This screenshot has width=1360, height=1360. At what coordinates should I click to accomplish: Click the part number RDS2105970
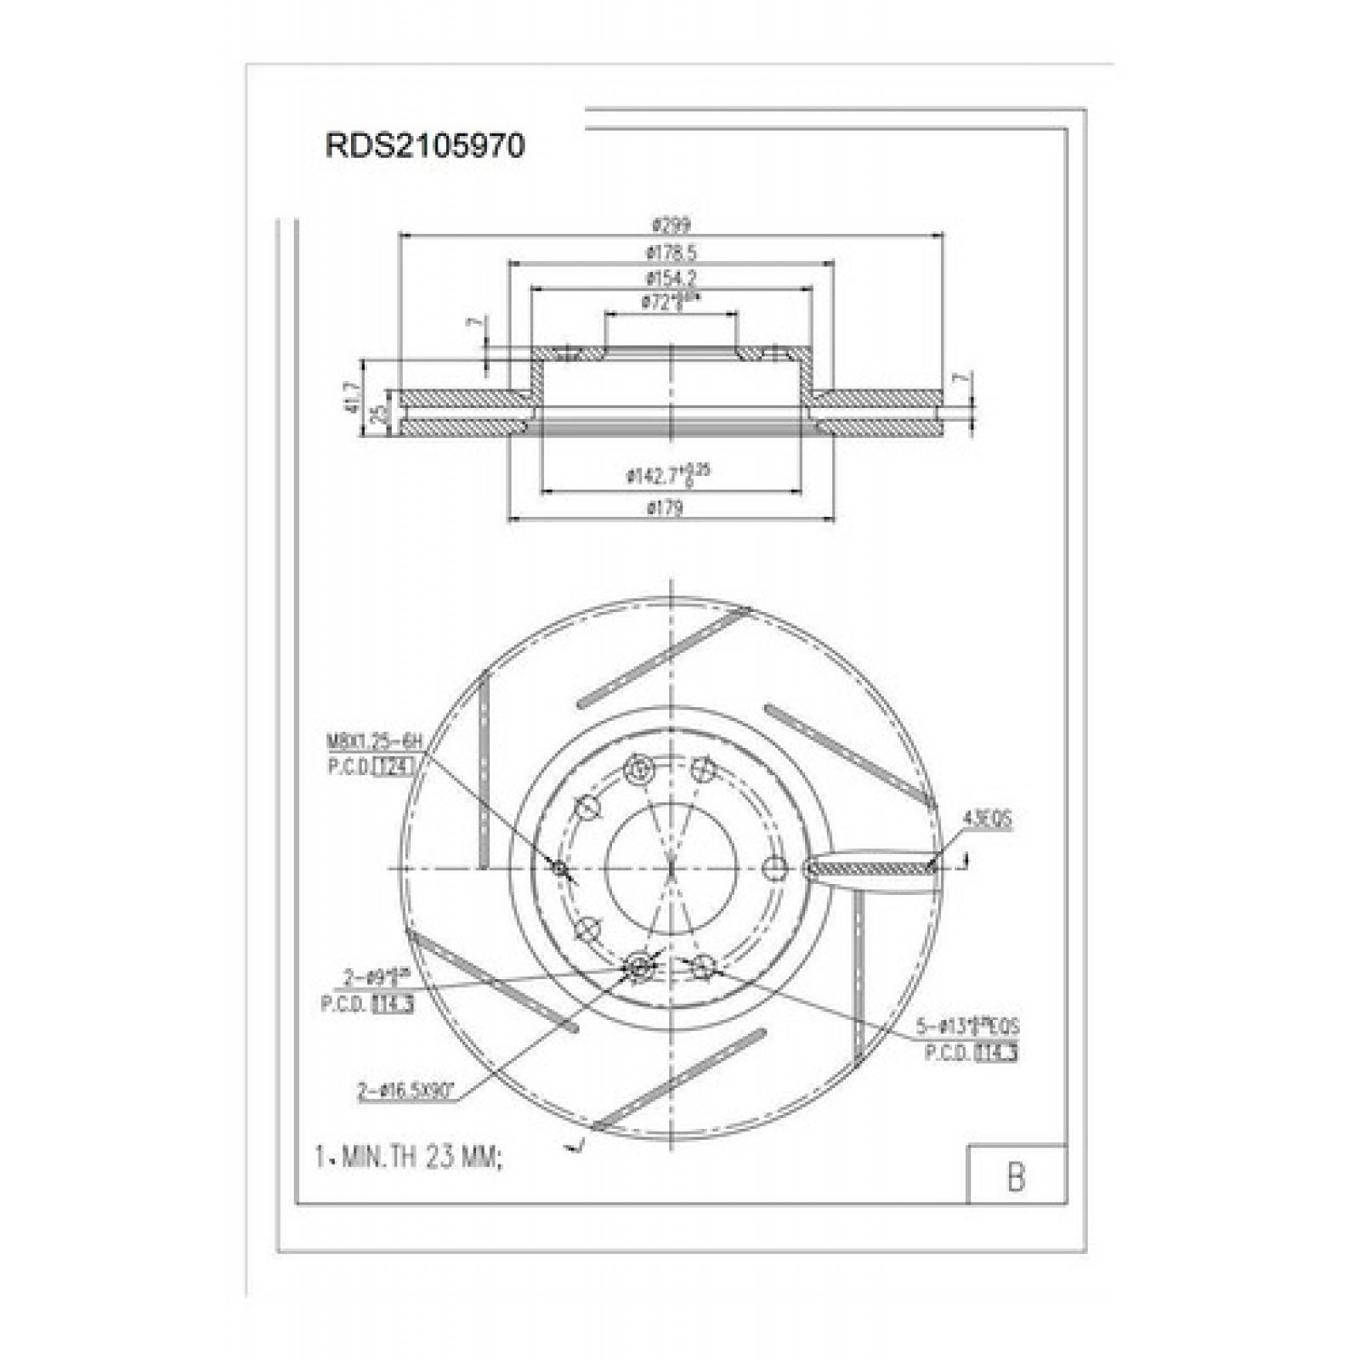pos(425,146)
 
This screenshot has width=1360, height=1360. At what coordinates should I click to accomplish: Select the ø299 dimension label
pos(671,225)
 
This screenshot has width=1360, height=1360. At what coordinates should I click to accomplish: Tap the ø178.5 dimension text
pos(671,252)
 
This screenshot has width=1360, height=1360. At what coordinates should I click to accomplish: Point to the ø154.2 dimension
pos(671,277)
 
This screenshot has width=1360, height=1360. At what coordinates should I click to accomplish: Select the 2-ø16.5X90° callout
pos(405,1091)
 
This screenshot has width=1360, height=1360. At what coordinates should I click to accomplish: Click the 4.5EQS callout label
pos(986,819)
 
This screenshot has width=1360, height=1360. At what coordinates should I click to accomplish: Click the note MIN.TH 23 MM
pos(409,1157)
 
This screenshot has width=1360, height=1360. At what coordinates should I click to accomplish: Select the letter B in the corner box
pos(1016,1176)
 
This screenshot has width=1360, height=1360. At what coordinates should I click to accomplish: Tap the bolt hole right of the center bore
pos(773,868)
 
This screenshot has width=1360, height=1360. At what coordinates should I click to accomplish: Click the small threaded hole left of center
pos(559,868)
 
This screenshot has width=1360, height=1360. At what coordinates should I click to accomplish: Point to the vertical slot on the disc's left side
pos(484,769)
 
